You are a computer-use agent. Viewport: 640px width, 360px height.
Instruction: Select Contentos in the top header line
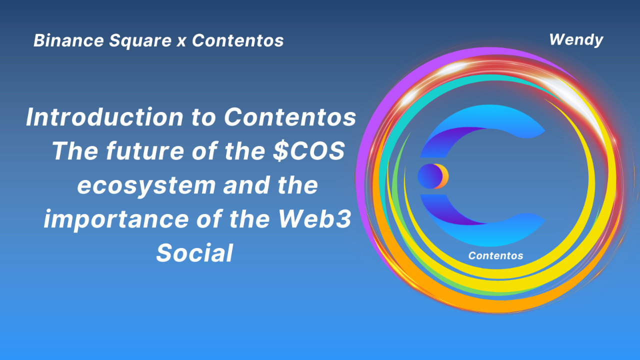point(237,40)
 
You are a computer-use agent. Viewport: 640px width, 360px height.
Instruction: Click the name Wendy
point(576,39)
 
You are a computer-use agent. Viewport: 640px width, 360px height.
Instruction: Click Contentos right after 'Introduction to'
point(290,117)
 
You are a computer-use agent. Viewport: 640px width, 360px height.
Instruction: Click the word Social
point(194,253)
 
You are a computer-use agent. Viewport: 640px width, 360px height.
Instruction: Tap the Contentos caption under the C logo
point(495,255)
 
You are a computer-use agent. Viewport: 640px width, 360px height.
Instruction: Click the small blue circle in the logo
point(428,176)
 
